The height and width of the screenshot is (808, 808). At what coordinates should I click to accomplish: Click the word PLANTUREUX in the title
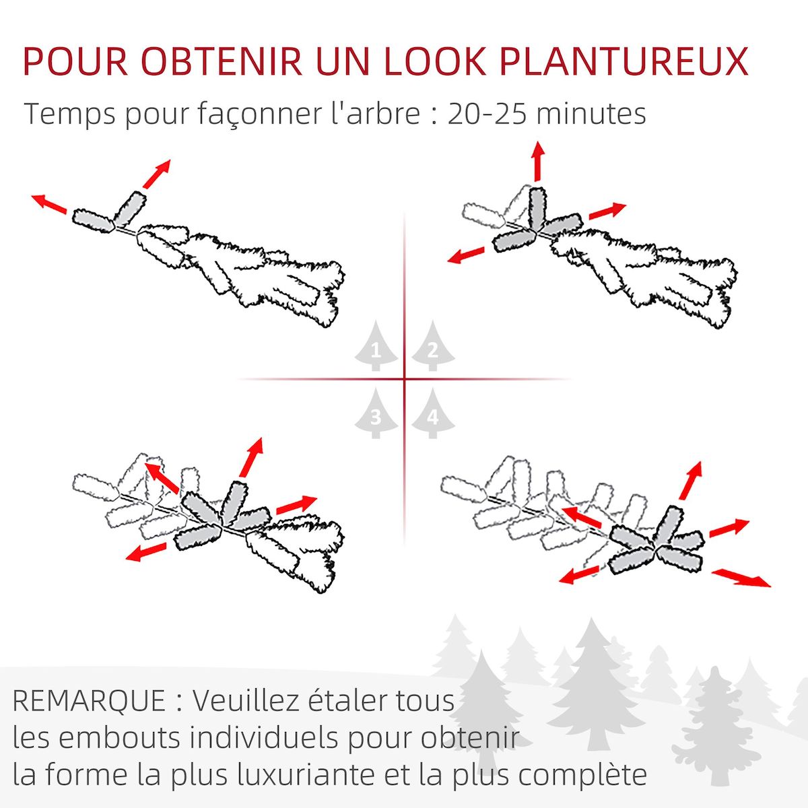[x=625, y=61]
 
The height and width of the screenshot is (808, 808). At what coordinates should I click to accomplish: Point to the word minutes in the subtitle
[x=591, y=114]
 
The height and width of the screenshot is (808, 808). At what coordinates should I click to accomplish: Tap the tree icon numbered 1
[x=376, y=347]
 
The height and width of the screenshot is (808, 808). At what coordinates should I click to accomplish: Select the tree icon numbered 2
[x=432, y=347]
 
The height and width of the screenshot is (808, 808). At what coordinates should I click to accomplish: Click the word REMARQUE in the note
[x=89, y=701]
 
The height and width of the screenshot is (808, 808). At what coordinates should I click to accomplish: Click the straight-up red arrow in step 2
[x=537, y=162]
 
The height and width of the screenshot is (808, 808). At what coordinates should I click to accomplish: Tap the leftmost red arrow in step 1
[x=48, y=203]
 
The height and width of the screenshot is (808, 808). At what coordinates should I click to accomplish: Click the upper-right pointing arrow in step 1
[x=156, y=174]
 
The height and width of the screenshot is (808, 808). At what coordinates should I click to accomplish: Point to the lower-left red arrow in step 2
[x=466, y=255]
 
